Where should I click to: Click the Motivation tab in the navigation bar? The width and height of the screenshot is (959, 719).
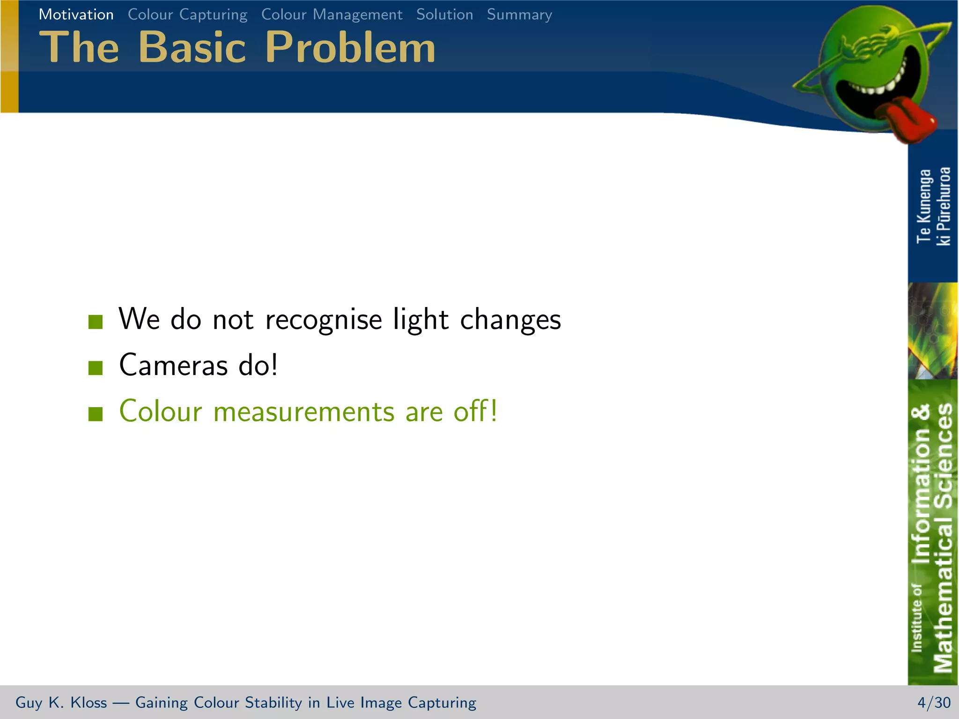pos(76,15)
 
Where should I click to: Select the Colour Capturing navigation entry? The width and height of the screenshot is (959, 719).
pos(187,15)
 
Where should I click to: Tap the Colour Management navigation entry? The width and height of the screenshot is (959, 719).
pos(332,15)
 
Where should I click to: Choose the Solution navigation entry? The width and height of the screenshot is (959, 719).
pos(444,15)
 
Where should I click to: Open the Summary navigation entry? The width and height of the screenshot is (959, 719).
pos(519,15)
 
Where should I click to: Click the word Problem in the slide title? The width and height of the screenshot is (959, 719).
pos(350,47)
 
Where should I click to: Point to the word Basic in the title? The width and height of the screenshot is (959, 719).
pos(192,47)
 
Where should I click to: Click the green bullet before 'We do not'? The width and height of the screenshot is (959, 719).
pos(96,322)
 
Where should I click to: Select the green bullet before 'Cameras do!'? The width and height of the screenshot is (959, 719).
pos(96,367)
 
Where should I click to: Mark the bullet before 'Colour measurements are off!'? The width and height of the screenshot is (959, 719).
pos(96,413)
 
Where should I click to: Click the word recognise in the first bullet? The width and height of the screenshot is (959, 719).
pos(324,320)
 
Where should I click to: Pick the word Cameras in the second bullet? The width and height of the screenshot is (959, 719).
pos(173,365)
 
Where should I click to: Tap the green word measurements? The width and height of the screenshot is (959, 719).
pos(304,411)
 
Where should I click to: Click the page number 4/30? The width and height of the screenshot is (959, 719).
pos(934,703)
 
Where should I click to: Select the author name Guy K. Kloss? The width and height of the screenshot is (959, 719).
pos(61,703)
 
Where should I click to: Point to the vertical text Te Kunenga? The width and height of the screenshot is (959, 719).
pos(923,206)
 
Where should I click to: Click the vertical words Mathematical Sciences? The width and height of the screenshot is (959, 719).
pos(942,538)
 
